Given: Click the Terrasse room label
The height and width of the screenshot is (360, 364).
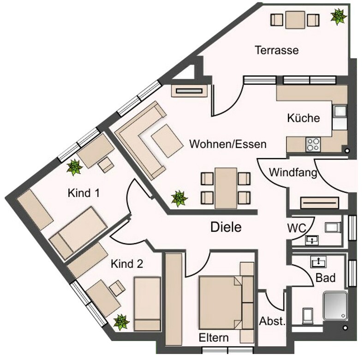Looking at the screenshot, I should [276, 50].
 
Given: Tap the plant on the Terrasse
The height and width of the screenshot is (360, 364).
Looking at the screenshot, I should [338, 17].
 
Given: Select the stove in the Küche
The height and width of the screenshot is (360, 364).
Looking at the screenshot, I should [313, 144].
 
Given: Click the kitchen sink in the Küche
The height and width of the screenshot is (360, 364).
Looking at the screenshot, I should [340, 112].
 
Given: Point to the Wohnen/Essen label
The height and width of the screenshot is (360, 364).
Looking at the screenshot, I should [228, 144].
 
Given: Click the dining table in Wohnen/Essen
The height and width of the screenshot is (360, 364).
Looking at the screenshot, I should [226, 188].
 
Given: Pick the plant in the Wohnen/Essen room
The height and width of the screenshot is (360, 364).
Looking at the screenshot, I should [179, 198].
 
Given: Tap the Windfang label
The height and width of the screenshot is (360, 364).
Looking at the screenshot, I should [293, 173].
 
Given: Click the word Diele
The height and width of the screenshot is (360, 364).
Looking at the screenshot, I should [226, 227].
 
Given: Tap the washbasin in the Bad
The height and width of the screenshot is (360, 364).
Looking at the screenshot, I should [318, 262].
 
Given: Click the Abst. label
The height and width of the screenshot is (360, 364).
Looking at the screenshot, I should [272, 321].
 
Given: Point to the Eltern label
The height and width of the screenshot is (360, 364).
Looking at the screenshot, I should [214, 337].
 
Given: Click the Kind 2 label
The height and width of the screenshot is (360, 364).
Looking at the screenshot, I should [127, 264].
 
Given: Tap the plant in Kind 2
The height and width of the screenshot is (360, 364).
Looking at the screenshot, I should [121, 321].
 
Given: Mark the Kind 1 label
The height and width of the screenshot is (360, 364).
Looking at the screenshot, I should [84, 192].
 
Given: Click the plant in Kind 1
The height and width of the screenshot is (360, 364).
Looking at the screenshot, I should [74, 167].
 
